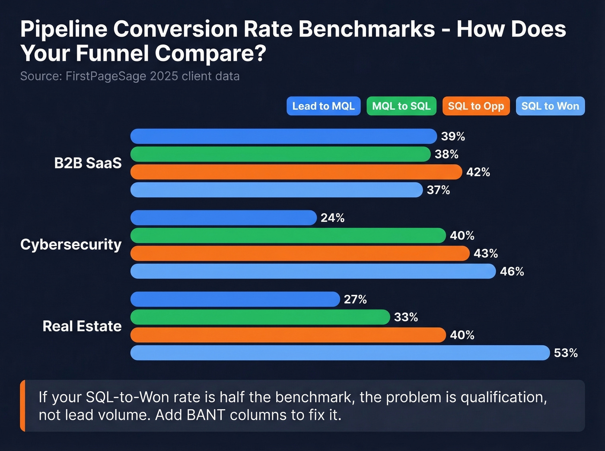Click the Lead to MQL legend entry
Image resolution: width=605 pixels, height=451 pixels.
pyautogui.click(x=323, y=106)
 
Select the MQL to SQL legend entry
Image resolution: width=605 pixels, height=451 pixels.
pyautogui.click(x=401, y=106)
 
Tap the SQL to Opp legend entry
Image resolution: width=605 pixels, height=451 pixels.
pyautogui.click(x=476, y=106)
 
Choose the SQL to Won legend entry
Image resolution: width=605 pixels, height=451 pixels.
pyautogui.click(x=550, y=106)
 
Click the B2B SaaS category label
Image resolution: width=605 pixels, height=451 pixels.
pyautogui.click(x=88, y=163)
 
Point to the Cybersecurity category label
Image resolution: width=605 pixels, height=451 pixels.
pyautogui.click(x=71, y=244)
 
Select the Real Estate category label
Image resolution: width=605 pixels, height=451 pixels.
pyautogui.click(x=82, y=326)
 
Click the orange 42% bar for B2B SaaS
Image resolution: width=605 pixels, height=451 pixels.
pyautogui.click(x=296, y=172)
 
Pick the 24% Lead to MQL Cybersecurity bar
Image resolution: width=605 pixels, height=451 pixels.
pyautogui.click(x=223, y=218)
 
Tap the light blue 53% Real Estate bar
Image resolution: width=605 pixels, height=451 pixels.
pyautogui.click(x=340, y=353)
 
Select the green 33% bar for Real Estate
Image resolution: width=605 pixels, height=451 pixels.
pyautogui.click(x=260, y=317)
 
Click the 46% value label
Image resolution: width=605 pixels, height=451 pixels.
pyautogui.click(x=512, y=271)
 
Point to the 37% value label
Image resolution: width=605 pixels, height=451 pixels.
pyautogui.click(x=438, y=190)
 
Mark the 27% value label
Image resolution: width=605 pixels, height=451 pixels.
pyautogui.click(x=355, y=300)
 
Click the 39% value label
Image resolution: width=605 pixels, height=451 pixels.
pyautogui.click(x=453, y=136)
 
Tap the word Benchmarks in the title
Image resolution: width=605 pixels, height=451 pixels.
pyautogui.click(x=366, y=29)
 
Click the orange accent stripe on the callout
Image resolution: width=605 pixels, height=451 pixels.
pyautogui.click(x=22, y=406)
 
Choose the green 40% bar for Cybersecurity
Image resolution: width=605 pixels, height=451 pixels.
pyautogui.click(x=288, y=236)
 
